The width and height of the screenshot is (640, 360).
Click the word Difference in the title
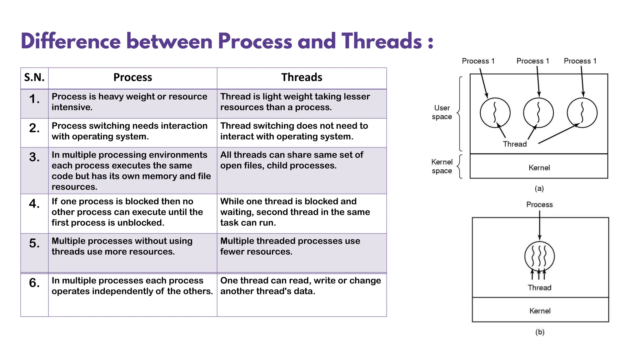71,41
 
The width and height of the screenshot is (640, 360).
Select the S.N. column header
34,77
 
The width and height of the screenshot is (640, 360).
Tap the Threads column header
302,77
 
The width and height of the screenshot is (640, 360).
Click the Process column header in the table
132,77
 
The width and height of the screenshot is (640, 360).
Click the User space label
442,112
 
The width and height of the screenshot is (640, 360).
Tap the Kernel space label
442,166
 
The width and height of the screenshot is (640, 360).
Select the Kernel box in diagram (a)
539,167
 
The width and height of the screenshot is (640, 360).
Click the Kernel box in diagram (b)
540,311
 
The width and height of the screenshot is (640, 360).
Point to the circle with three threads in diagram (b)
539,256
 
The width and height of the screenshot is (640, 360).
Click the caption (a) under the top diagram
539,188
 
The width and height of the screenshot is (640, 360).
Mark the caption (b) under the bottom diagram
540,332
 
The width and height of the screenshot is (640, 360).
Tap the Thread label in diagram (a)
515,144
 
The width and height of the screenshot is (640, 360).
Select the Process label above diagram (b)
539,205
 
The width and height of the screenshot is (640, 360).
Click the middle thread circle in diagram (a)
538,113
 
